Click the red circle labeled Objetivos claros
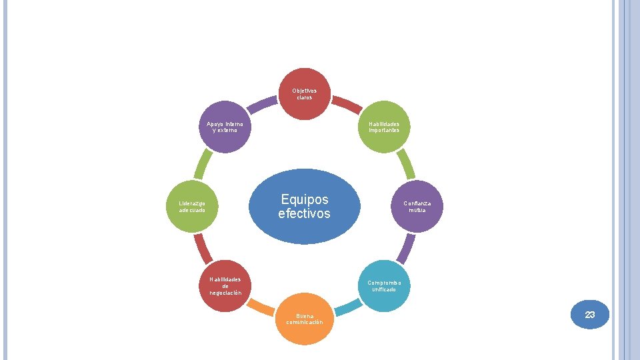[305, 94]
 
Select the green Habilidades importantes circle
[384, 127]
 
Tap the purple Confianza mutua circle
[417, 206]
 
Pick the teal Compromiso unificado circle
[384, 285]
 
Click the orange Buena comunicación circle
[305, 319]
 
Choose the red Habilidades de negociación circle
[225, 285]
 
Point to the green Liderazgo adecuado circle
[192, 206]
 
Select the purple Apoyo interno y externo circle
[225, 127]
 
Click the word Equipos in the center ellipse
[305, 199]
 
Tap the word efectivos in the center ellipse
[304, 214]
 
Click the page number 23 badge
[590, 315]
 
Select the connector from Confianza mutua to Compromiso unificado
[405, 249]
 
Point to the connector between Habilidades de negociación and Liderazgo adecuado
[204, 249]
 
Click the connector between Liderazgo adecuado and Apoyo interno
[204, 163]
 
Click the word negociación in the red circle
[225, 293]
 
